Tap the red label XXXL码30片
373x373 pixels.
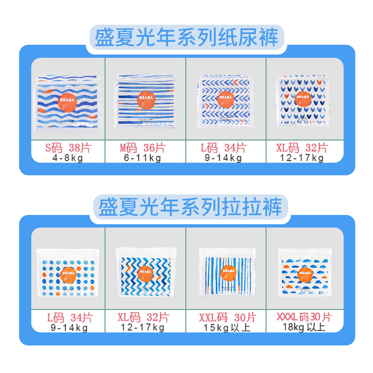click(304, 318)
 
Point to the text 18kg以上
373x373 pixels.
click(304, 327)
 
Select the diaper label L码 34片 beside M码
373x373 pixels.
click(224, 148)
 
